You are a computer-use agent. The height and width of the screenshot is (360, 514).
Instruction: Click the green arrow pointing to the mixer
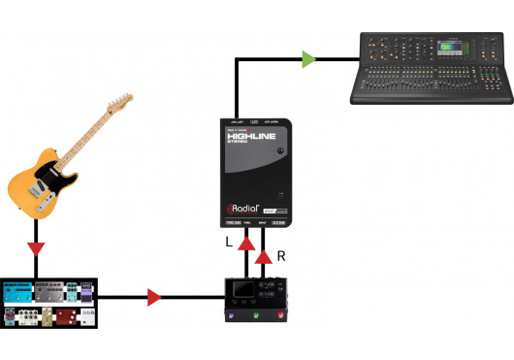point(308,60)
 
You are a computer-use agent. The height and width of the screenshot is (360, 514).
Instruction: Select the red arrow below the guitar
point(36,249)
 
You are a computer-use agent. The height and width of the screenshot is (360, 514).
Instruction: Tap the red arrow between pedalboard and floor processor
point(153,297)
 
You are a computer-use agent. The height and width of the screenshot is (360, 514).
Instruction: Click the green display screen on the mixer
point(449,47)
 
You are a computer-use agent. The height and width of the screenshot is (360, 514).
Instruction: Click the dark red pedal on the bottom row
point(65,314)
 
